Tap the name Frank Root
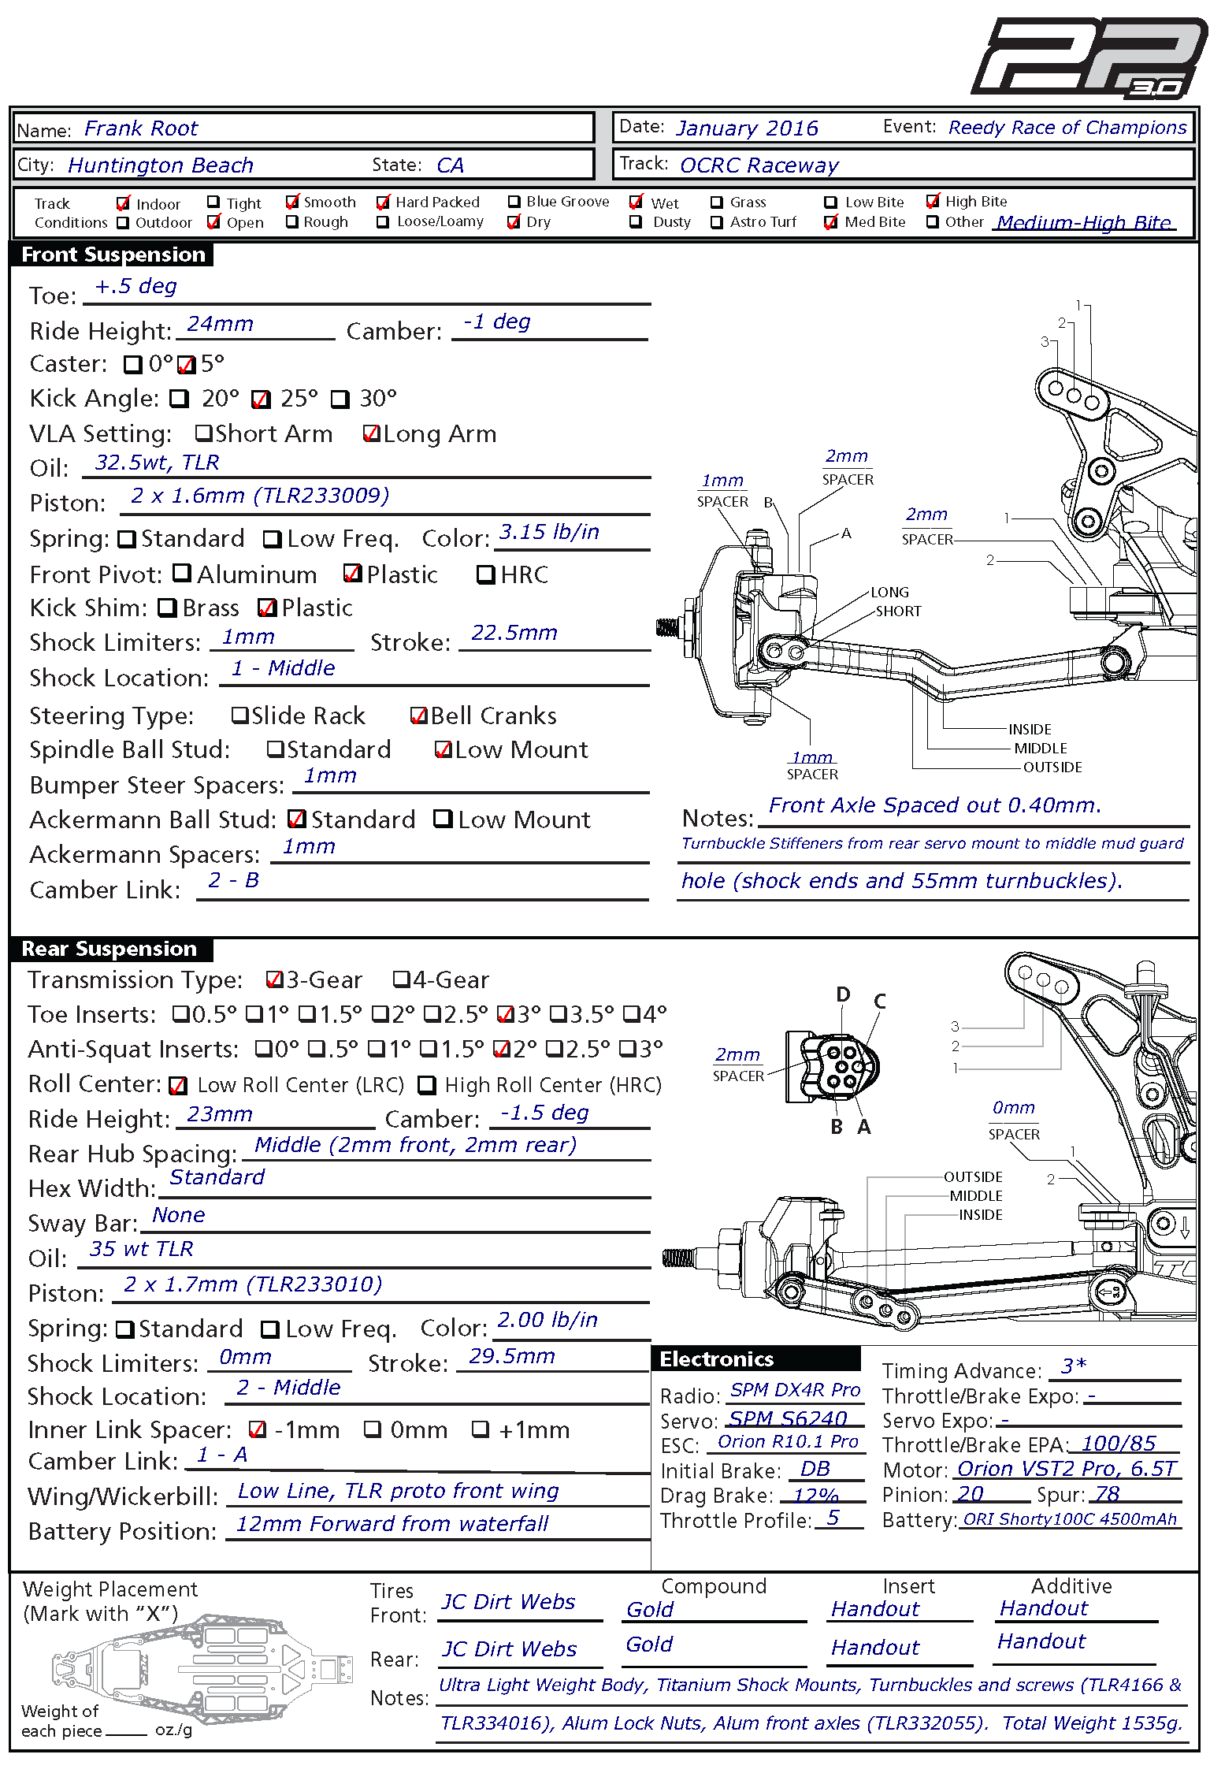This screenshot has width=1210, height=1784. pyautogui.click(x=141, y=128)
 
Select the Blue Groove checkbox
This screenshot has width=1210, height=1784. pyautogui.click(x=514, y=202)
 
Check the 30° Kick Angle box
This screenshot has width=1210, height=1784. pyautogui.click(x=340, y=399)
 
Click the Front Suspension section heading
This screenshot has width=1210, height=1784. pyautogui.click(x=113, y=255)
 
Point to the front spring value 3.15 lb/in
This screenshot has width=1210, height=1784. pyautogui.click(x=549, y=533)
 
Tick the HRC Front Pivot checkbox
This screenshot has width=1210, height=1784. pyautogui.click(x=485, y=574)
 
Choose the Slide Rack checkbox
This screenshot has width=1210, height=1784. pyautogui.click(x=240, y=715)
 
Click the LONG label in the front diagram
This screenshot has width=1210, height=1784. pyautogui.click(x=889, y=592)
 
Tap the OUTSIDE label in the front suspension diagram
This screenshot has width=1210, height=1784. pyautogui.click(x=1052, y=767)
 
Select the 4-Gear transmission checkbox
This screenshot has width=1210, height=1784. pyautogui.click(x=402, y=979)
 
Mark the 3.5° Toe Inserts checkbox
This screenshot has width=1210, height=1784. pyautogui.click(x=558, y=1014)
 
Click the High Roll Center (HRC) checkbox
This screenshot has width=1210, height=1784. pyautogui.click(x=427, y=1085)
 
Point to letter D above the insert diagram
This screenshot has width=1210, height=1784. pyautogui.click(x=843, y=994)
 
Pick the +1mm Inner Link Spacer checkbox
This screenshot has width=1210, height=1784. pyautogui.click(x=480, y=1429)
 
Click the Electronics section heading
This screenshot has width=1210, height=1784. pyautogui.click(x=717, y=1359)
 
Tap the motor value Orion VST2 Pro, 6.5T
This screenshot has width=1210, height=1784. pyautogui.click(x=1067, y=1469)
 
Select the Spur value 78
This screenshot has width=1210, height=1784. pyautogui.click(x=1107, y=1494)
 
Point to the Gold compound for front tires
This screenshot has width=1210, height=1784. pyautogui.click(x=650, y=1610)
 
